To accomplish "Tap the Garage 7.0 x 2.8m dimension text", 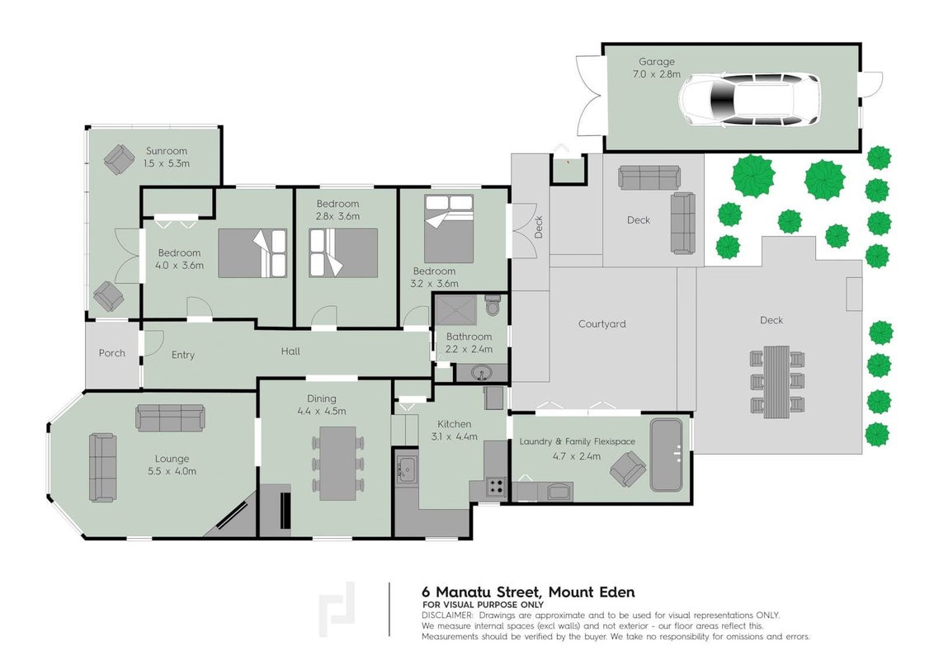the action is pyautogui.click(x=657, y=74).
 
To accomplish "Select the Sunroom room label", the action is pyautogui.click(x=166, y=151).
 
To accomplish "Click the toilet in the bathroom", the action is pyautogui.click(x=493, y=305).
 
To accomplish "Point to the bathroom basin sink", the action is pyautogui.click(x=481, y=374).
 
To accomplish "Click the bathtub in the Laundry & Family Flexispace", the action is pyautogui.click(x=667, y=455).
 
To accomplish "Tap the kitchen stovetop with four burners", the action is pyautogui.click(x=496, y=488).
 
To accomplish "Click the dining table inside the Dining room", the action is pyautogui.click(x=337, y=464).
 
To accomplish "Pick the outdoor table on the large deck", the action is pyautogui.click(x=776, y=380).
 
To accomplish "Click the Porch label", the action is pyautogui.click(x=112, y=353).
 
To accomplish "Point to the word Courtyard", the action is pyautogui.click(x=601, y=324).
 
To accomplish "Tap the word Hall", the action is pyautogui.click(x=290, y=351).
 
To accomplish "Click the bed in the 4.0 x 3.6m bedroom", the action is pyautogui.click(x=252, y=253).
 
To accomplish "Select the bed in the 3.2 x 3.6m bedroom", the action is pyautogui.click(x=449, y=229).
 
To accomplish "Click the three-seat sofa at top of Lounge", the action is pyautogui.click(x=170, y=417).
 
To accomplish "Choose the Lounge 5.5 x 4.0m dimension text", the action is pyautogui.click(x=172, y=471).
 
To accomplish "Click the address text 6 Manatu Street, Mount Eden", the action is pyautogui.click(x=528, y=592).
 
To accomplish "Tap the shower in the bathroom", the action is pyautogui.click(x=455, y=309).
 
